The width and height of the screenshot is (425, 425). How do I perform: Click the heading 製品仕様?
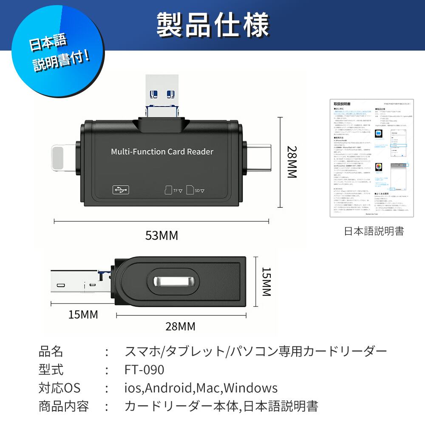(212, 25)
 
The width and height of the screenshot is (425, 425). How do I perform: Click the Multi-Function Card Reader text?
(162, 152)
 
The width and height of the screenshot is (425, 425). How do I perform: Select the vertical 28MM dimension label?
(293, 162)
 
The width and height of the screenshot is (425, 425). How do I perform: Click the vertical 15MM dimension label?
(266, 281)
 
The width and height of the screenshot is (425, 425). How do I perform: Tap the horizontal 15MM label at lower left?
(83, 314)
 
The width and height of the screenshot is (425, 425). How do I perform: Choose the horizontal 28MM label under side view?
(180, 326)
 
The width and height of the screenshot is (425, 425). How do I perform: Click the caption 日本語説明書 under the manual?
(374, 231)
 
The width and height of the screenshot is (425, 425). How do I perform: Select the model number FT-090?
(144, 370)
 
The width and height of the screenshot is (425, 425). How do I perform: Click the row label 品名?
(51, 351)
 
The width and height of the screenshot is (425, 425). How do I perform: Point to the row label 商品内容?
(63, 406)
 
